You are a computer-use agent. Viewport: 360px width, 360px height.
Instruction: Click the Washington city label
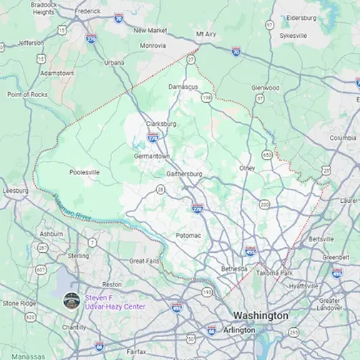coord(261,315)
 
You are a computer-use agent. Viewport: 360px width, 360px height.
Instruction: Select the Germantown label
coord(151,156)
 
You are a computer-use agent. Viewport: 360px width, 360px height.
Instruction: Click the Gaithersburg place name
coord(184,174)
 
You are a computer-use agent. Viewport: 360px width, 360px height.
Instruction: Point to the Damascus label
coord(184,86)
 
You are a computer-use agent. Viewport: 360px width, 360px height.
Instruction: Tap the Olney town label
coord(247,168)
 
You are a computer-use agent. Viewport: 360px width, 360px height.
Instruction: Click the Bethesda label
coord(234,269)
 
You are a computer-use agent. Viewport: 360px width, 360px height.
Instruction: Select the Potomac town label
coord(188,234)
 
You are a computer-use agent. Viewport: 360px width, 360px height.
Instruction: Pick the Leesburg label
coord(16,191)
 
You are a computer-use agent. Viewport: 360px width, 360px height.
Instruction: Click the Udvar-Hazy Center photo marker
coord(71,301)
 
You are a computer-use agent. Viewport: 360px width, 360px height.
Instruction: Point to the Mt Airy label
coord(206,34)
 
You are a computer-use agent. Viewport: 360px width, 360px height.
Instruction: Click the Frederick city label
coord(88,11)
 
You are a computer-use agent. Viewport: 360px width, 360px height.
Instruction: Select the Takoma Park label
coord(276,273)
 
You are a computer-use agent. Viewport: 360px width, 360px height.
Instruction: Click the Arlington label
coord(239,330)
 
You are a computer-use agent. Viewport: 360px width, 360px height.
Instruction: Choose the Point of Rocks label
coord(26,94)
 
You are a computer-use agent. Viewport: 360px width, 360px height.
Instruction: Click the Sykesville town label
coord(293,35)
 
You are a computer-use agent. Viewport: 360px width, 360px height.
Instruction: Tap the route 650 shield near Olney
coord(266,154)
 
